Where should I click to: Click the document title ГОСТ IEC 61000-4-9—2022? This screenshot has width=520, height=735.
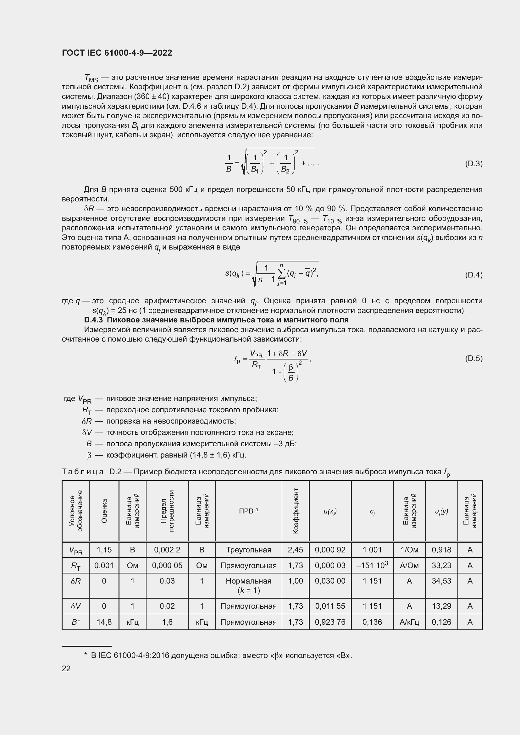(x=117, y=53)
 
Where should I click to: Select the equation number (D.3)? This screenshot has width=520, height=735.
(x=473, y=164)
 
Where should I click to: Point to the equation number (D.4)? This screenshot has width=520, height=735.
(x=473, y=275)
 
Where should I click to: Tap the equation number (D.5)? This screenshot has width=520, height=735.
(x=473, y=359)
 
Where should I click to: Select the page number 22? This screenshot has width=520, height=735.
(x=66, y=668)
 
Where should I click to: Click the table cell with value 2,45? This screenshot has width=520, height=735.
(x=295, y=550)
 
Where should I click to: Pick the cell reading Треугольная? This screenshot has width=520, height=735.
(x=248, y=550)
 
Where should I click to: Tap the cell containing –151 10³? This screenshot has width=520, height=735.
(x=372, y=565)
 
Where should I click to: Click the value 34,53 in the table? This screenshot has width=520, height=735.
(x=441, y=581)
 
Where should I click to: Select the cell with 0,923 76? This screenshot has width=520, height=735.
(x=330, y=622)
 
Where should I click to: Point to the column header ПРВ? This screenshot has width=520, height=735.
(x=248, y=511)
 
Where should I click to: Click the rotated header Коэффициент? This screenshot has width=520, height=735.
(x=296, y=511)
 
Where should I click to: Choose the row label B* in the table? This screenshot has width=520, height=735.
(x=75, y=622)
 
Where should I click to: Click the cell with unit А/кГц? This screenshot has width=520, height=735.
(x=409, y=622)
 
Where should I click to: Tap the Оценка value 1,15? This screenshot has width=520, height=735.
(x=104, y=550)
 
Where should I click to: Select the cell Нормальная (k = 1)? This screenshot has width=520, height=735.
(x=248, y=585)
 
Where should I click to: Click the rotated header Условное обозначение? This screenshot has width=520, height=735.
(x=75, y=511)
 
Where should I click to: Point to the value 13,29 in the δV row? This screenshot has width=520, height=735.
(x=441, y=606)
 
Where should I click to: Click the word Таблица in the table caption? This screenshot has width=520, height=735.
(x=83, y=472)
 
